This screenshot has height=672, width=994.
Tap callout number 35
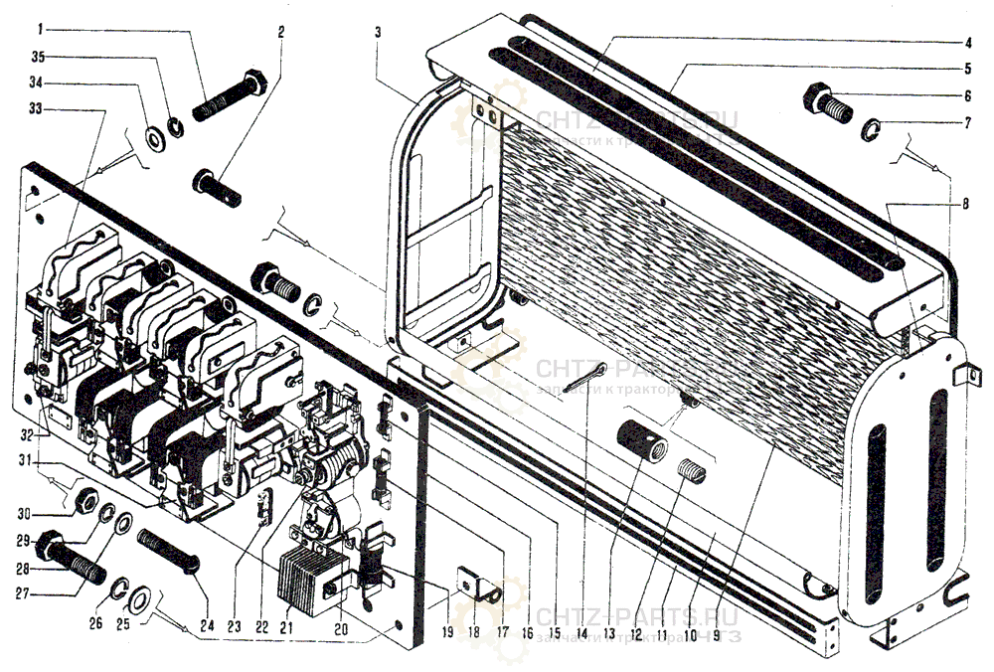36,57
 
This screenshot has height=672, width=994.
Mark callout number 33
36,108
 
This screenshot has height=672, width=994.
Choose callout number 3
378,31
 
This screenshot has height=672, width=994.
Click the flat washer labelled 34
155,135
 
